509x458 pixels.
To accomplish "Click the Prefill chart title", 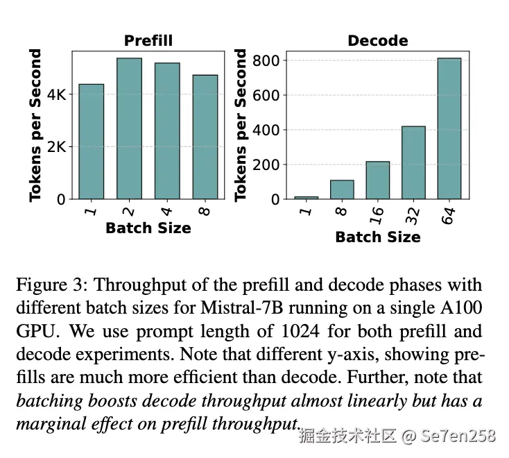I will [148, 41].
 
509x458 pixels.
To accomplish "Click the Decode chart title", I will [377, 41].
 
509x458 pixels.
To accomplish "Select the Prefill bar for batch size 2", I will [129, 128].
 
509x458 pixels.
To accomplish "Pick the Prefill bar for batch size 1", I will [91, 142].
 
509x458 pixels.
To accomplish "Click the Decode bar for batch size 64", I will [449, 128].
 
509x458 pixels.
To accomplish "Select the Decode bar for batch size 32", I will [413, 162].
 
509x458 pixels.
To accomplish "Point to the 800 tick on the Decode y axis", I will [266, 61].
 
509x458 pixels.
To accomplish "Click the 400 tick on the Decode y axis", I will [266, 130].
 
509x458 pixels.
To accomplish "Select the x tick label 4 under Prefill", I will [167, 209].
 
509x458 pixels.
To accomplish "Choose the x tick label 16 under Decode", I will [378, 213].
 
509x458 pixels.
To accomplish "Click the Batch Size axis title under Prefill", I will [148, 228].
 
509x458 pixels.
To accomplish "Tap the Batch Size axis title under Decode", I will [377, 237].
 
